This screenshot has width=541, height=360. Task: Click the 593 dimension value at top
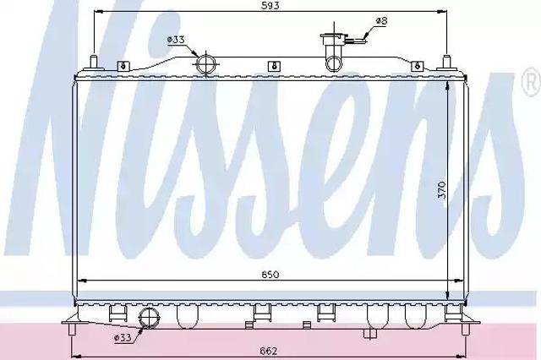[270, 6]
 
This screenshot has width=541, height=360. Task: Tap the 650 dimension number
[270, 275]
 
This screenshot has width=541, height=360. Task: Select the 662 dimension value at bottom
[269, 351]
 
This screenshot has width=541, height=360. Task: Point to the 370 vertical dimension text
[441, 190]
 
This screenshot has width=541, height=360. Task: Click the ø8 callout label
[381, 20]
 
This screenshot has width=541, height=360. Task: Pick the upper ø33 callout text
[176, 40]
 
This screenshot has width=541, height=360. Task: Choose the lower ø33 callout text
[123, 338]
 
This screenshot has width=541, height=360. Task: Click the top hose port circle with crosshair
[206, 64]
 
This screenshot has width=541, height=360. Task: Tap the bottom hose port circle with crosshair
[149, 318]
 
